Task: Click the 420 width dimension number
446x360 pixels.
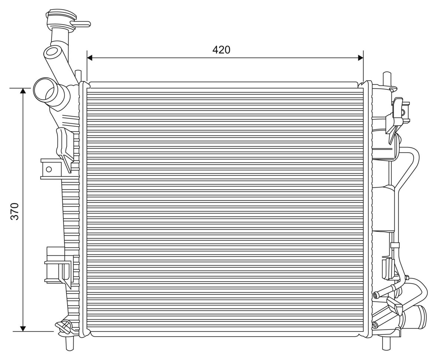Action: [221, 50]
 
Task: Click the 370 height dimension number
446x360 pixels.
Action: [14, 211]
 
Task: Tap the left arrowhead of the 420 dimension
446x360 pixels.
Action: [90, 58]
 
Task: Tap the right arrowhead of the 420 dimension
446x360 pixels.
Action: [361, 58]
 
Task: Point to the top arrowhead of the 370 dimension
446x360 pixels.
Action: [23, 91]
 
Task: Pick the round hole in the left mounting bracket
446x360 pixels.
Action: [49, 169]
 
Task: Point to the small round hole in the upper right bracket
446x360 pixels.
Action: [403, 113]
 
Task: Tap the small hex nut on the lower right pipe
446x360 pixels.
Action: [407, 278]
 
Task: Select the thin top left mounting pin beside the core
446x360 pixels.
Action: [78, 76]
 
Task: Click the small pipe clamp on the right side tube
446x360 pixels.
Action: [395, 245]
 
